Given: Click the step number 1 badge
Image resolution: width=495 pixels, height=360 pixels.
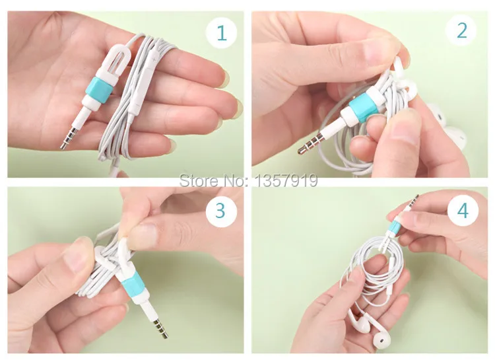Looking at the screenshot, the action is [x=221, y=32].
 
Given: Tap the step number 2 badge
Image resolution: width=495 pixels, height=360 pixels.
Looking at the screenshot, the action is [x=461, y=30].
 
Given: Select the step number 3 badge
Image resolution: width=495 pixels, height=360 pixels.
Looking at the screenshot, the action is [x=221, y=211].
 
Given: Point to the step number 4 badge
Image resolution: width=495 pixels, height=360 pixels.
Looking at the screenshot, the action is [x=463, y=210].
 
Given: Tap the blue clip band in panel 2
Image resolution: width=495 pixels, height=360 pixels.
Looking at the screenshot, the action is [x=363, y=108].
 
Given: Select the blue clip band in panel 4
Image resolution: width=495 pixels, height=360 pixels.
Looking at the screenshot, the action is [x=395, y=227].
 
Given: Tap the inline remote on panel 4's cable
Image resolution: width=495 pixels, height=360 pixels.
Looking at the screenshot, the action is [x=391, y=272].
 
